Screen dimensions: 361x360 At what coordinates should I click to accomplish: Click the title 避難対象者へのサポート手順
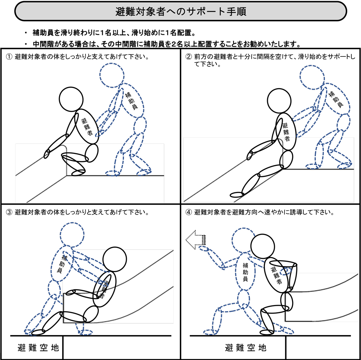point(181,12)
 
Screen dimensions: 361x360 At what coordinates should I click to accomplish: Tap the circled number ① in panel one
point(9,57)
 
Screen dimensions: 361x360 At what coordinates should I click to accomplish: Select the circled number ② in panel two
point(188,57)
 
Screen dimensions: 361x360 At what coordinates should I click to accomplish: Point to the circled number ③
point(9,212)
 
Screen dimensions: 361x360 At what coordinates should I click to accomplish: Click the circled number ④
point(188,212)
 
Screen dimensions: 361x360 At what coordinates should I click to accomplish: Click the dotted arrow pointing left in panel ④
point(195,240)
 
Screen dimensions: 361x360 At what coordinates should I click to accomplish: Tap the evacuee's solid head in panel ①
point(71,99)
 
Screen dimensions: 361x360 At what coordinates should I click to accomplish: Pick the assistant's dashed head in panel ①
point(112,76)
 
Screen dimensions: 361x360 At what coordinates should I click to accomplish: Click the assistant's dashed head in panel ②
point(312,77)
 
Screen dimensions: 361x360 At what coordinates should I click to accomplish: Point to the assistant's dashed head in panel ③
point(72,234)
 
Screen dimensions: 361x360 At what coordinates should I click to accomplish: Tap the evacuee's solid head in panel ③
point(114,259)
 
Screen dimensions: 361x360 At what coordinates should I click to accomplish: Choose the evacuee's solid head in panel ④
point(262,246)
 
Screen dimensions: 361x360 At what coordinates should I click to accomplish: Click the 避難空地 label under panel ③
point(38,348)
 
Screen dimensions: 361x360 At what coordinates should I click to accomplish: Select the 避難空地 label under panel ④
point(245,348)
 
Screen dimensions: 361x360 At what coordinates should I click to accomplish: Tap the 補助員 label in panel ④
point(245,272)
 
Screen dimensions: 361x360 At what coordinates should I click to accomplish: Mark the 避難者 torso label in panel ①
point(87,127)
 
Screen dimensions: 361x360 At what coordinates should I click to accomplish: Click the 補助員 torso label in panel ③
point(61,264)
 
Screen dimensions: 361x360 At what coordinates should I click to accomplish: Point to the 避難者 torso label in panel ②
point(286,132)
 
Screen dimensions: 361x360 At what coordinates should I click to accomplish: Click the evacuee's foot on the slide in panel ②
point(237,195)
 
